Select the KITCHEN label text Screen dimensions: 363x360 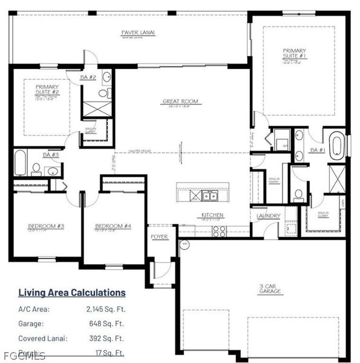tap(212, 215)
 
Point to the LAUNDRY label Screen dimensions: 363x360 tap(268, 215)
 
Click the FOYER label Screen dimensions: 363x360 tap(160, 237)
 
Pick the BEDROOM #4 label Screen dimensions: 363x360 tap(113, 227)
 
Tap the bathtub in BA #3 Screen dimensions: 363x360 tap(20, 163)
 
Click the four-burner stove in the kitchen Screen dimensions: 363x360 tap(219, 230)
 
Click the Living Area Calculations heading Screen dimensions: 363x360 tap(72, 293)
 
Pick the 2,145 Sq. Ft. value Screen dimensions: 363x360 tap(105, 309)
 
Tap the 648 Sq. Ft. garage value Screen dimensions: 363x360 tap(109, 324)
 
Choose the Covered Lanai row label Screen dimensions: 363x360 tap(39, 339)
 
